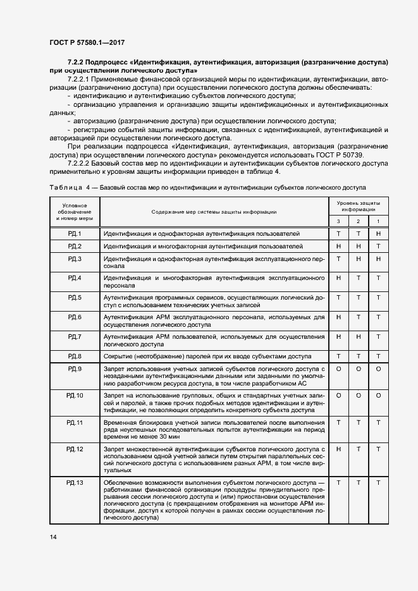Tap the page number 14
pyautogui.click(x=53, y=537)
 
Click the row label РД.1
pyautogui.click(x=74, y=234)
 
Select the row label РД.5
pyautogui.click(x=74, y=297)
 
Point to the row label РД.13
pyautogui.click(x=74, y=482)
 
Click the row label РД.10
pyautogui.click(x=74, y=395)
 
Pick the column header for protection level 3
pyautogui.click(x=339, y=221)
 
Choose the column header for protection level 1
pyautogui.click(x=378, y=221)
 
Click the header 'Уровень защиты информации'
pyautogui.click(x=359, y=205)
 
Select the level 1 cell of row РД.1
pyautogui.click(x=378, y=234)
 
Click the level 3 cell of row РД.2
pyautogui.click(x=339, y=246)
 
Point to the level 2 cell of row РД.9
pyautogui.click(x=359, y=369)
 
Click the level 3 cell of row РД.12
pyautogui.click(x=339, y=449)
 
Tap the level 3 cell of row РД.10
pyautogui.click(x=339, y=395)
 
